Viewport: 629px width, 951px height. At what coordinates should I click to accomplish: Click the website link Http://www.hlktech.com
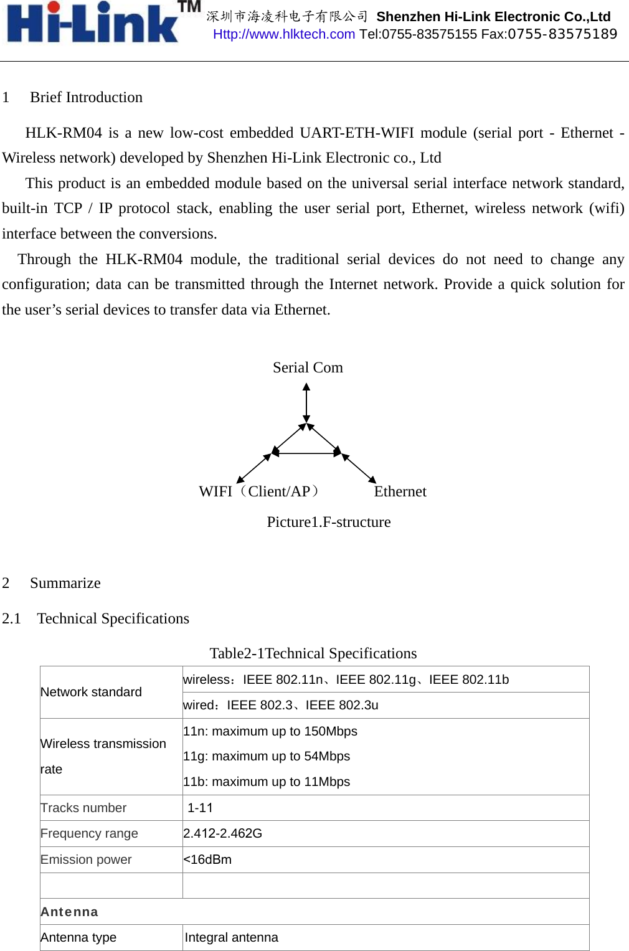pyautogui.click(x=284, y=34)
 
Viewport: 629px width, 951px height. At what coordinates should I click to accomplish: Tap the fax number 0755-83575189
pyautogui.click(x=562, y=34)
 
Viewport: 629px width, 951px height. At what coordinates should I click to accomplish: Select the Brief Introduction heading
pyautogui.click(x=86, y=97)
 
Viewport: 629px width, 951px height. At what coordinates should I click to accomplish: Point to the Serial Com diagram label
pyautogui.click(x=308, y=367)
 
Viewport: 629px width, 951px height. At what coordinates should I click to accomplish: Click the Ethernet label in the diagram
pyautogui.click(x=400, y=491)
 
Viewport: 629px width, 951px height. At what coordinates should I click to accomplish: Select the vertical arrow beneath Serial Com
pyautogui.click(x=306, y=403)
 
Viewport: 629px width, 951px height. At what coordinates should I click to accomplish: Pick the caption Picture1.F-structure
pyautogui.click(x=329, y=522)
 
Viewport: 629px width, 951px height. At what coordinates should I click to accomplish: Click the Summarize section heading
pyautogui.click(x=65, y=583)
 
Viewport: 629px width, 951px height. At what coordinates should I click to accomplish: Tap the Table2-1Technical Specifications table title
pyautogui.click(x=313, y=653)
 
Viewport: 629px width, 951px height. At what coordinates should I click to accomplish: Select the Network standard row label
pyautogui.click(x=91, y=692)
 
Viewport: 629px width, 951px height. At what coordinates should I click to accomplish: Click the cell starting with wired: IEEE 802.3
pyautogui.click(x=281, y=705)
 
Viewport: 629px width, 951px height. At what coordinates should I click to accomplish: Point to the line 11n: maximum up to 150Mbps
pyautogui.click(x=270, y=731)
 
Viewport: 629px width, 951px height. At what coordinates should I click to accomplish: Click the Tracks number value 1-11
pyautogui.click(x=200, y=808)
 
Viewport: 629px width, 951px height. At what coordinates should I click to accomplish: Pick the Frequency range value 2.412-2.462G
pyautogui.click(x=222, y=833)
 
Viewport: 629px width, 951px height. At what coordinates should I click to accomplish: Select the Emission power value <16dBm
pyautogui.click(x=207, y=859)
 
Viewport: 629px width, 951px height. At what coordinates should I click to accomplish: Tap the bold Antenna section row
pyautogui.click(x=69, y=912)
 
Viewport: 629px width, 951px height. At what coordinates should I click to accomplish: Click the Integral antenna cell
pyautogui.click(x=231, y=937)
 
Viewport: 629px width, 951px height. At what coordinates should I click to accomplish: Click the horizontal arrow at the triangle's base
pyautogui.click(x=306, y=453)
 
